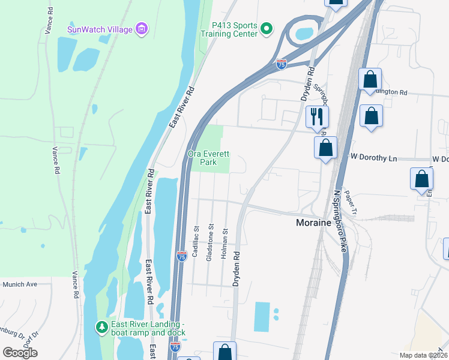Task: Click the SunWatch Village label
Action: click(x=100, y=28)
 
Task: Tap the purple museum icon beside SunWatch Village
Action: click(x=142, y=28)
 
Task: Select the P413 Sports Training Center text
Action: click(x=235, y=29)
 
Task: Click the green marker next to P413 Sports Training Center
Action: click(x=268, y=28)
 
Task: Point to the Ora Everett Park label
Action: click(x=208, y=158)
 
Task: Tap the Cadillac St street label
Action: click(x=196, y=242)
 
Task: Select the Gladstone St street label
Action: click(x=211, y=242)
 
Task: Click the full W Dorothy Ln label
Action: click(x=374, y=157)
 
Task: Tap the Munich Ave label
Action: click(x=20, y=284)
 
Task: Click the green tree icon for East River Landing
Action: click(x=102, y=328)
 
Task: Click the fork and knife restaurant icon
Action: click(x=316, y=116)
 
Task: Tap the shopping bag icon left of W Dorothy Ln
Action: click(x=325, y=147)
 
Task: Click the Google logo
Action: click(x=20, y=352)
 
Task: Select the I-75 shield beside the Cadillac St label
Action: click(x=182, y=256)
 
